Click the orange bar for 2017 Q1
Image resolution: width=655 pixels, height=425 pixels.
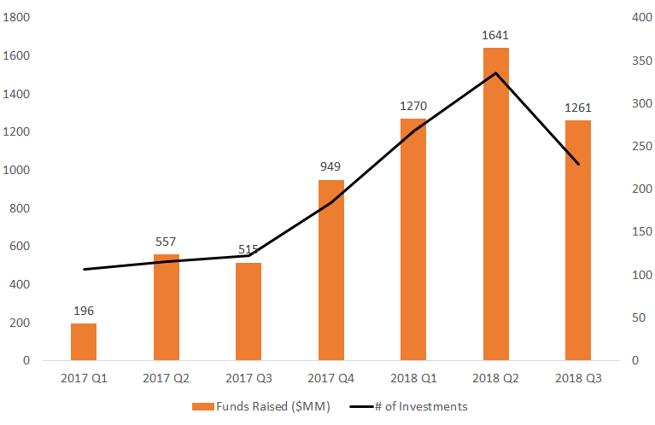[84, 341]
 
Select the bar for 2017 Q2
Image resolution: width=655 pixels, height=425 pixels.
[167, 307]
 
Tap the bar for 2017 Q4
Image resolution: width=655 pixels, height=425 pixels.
[331, 270]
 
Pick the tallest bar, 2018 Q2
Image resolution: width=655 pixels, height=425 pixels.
[496, 205]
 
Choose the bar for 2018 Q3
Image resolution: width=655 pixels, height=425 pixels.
[578, 241]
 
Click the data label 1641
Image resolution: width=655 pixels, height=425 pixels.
[496, 36]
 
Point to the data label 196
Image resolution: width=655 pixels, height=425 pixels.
[84, 311]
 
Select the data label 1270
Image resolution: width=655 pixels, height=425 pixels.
[413, 107]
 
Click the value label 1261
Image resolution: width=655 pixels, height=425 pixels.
[578, 108]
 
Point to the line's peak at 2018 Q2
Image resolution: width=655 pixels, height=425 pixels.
[496, 73]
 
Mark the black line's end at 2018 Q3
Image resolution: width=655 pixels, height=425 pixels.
[578, 164]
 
